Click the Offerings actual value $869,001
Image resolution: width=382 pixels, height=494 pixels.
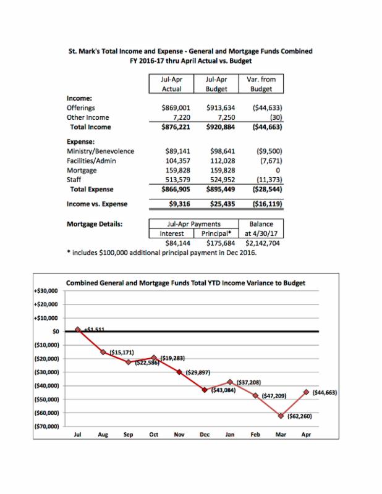(173, 107)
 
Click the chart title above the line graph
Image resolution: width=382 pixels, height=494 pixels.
(185, 283)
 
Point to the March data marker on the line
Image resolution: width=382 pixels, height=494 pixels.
(281, 416)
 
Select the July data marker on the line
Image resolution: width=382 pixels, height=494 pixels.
(78, 330)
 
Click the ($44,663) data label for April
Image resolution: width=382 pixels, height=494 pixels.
(324, 392)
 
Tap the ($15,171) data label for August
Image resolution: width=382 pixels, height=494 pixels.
(121, 352)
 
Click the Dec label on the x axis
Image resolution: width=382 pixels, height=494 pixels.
(205, 435)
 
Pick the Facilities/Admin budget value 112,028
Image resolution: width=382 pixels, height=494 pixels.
(221, 160)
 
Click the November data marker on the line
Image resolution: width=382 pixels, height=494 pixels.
(179, 372)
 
